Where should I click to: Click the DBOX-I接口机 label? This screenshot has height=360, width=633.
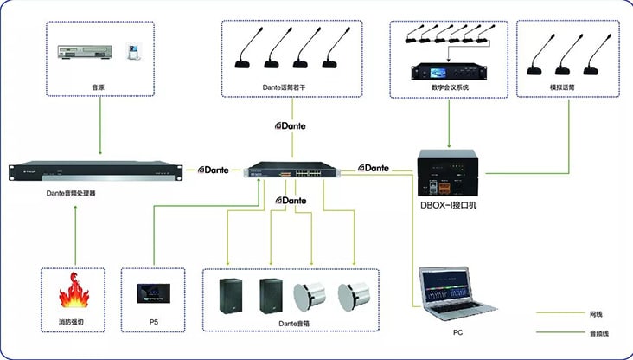[449, 205]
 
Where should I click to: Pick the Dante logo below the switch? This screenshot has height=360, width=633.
[291, 201]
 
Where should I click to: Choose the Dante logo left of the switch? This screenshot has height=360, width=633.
[214, 170]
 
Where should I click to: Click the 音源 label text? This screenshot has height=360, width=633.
[99, 87]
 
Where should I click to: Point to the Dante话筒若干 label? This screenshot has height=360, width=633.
[290, 87]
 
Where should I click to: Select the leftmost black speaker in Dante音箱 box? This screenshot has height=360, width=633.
[232, 294]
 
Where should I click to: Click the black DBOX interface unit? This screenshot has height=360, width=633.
[448, 173]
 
